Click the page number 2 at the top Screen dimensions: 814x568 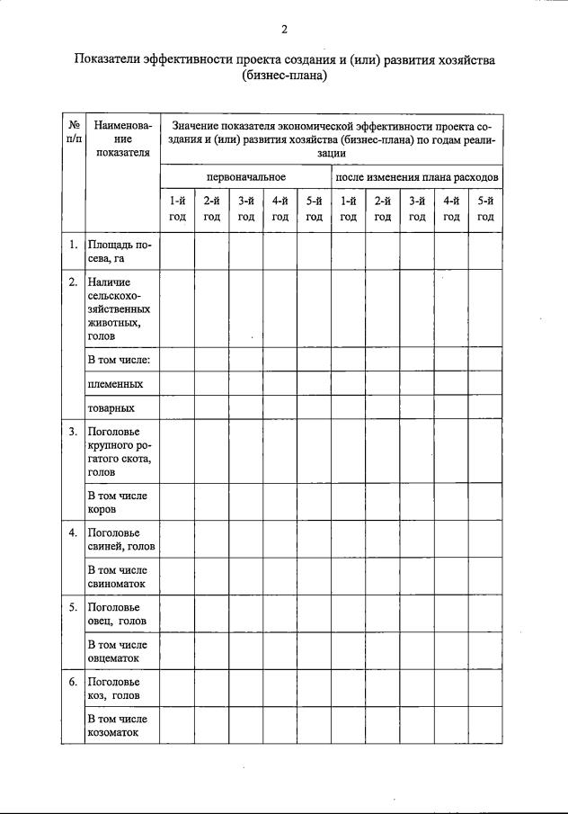284,30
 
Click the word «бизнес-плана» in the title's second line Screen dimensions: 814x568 284,76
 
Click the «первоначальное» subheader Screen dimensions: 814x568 245,177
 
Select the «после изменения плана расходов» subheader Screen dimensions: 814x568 417,177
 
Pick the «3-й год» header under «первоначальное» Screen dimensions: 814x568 245,209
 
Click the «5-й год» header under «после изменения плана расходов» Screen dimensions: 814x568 485,209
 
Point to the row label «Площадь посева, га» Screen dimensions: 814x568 120,251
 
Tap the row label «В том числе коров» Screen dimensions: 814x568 117,502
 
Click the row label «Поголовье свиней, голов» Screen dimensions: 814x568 121,540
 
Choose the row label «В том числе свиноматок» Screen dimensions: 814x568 117,577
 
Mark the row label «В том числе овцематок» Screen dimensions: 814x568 117,651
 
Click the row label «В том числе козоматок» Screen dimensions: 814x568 117,726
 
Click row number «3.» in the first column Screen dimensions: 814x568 74,433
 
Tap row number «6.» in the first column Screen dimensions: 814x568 74,682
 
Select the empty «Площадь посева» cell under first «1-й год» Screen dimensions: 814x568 177,251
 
